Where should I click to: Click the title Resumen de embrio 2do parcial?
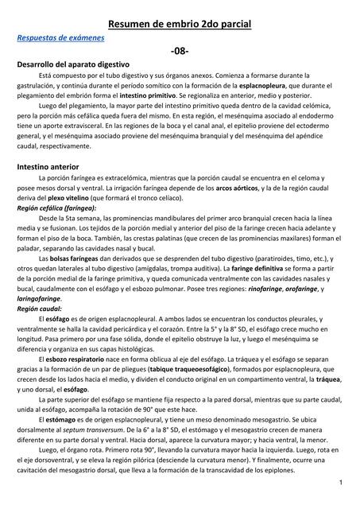click(x=180, y=25)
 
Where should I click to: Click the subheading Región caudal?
click(x=39, y=307)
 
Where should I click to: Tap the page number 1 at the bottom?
click(x=340, y=484)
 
